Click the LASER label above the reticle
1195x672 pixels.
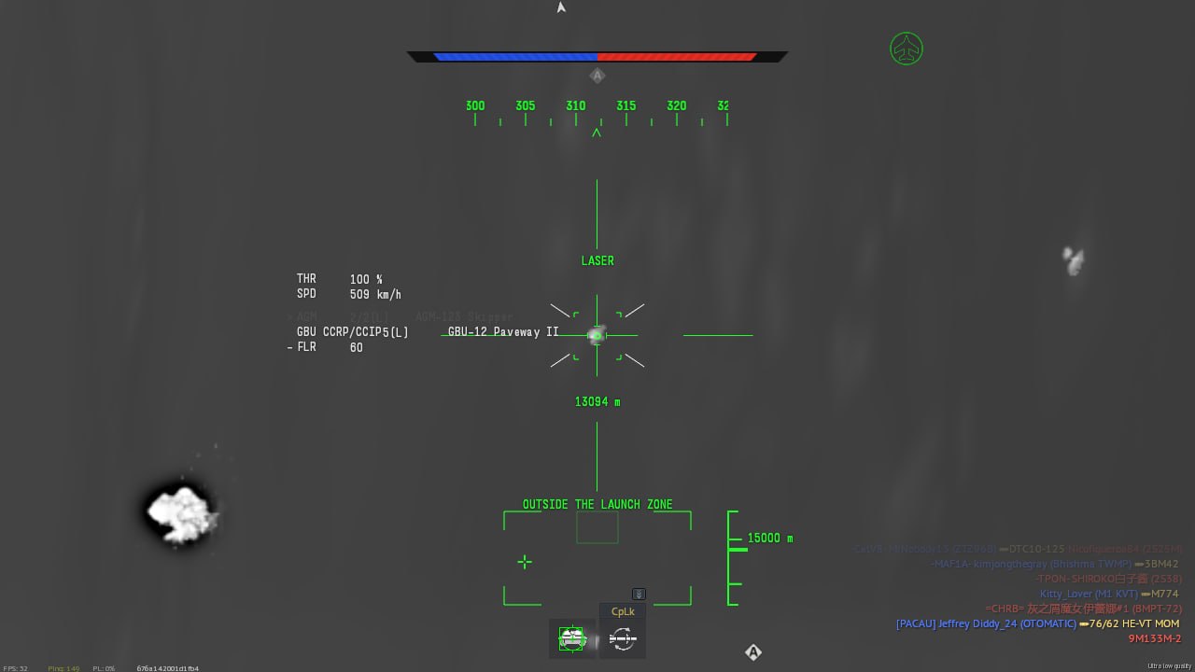click(x=597, y=261)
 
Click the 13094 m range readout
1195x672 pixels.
click(x=597, y=402)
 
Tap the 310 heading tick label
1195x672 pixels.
click(x=576, y=106)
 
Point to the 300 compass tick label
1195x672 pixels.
click(x=475, y=106)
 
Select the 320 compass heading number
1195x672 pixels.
click(x=677, y=106)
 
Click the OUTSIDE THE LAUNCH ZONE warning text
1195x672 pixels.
click(x=597, y=505)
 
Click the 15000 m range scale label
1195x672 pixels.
click(x=770, y=539)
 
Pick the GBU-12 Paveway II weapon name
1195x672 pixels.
click(x=503, y=332)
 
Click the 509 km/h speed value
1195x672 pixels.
click(x=375, y=295)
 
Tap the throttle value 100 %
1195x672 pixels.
click(x=366, y=279)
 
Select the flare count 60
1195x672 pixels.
click(x=356, y=348)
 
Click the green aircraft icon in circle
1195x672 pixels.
click(x=906, y=49)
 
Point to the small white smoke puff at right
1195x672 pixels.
click(x=1074, y=260)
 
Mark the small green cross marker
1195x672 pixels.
click(x=525, y=561)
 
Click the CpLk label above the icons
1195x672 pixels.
click(x=623, y=612)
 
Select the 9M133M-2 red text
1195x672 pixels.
click(x=1155, y=639)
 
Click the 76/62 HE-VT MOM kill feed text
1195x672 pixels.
click(x=1134, y=623)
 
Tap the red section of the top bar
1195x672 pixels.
click(x=677, y=57)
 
